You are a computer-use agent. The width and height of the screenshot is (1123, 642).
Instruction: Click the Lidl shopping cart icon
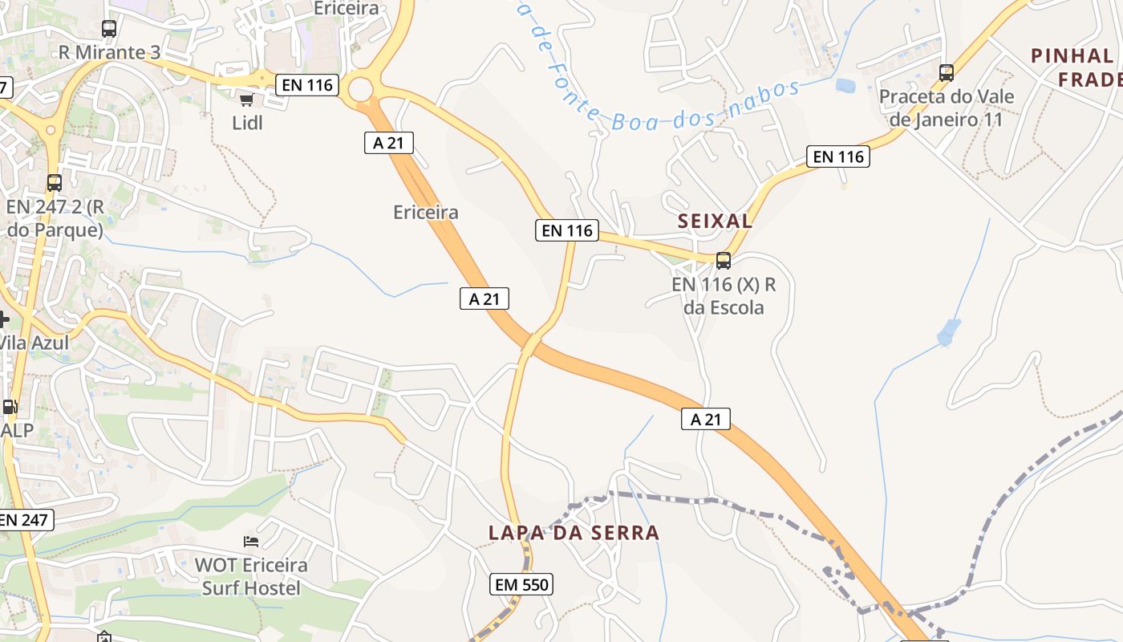pos(247,100)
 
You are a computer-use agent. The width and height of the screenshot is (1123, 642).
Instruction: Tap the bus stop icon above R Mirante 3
pos(109,29)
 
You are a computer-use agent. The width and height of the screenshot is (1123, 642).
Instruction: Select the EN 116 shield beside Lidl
pos(307,84)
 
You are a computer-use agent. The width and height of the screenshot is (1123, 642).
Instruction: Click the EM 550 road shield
pos(521,584)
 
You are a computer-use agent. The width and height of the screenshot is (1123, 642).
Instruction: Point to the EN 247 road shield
pos(24,519)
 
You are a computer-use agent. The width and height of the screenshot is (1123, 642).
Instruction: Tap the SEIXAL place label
pos(715,221)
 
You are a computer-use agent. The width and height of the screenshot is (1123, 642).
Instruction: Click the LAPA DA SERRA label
pos(574,532)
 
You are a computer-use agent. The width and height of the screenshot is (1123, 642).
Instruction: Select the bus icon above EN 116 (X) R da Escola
pos(724,260)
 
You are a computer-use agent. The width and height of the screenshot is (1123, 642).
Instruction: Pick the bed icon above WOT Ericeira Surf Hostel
pos(251,542)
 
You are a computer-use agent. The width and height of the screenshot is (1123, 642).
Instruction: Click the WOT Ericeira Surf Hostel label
pos(250,576)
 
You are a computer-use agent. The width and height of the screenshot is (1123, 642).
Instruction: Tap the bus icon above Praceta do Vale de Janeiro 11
pos(947,73)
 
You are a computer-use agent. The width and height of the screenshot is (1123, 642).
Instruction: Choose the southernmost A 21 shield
pos(706,418)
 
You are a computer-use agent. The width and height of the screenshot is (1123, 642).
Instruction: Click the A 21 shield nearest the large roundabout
pos(389,143)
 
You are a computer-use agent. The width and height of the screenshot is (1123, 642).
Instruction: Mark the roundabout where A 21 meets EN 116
pos(361,88)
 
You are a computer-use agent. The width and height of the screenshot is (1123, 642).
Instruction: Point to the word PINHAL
pos(1072,55)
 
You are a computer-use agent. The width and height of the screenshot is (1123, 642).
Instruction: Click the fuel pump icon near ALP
pos(10,406)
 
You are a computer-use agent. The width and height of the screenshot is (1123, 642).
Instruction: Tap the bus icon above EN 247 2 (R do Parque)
pos(55,183)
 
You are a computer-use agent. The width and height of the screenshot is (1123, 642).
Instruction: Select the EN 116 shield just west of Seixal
pos(567,230)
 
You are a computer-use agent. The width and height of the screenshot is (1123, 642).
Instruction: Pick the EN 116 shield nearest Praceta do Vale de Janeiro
pos(838,156)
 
